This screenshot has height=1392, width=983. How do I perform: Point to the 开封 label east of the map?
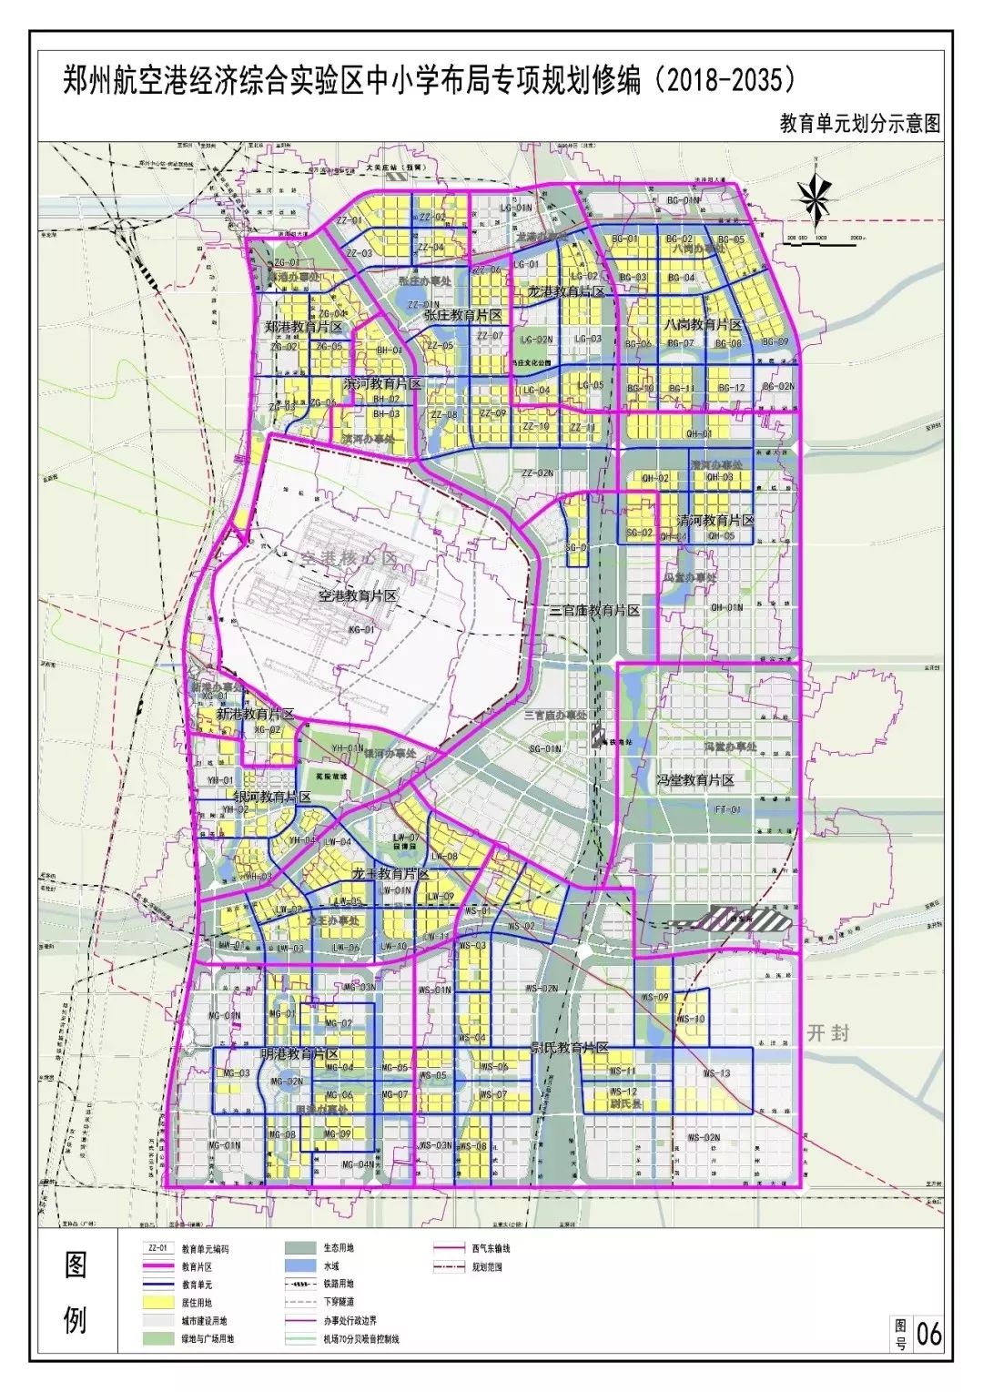click(827, 1032)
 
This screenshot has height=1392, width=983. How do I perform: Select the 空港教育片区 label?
click(358, 596)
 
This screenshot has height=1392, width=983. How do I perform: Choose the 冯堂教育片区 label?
click(695, 780)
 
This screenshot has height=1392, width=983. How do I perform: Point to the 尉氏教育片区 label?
click(570, 1047)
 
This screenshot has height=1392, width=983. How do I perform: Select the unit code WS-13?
click(716, 1073)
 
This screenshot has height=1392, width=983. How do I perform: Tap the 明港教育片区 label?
click(299, 1053)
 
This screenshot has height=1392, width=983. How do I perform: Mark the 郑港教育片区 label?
click(303, 326)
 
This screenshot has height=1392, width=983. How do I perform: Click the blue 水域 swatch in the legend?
click(301, 1265)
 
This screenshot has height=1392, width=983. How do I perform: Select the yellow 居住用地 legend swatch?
click(157, 1303)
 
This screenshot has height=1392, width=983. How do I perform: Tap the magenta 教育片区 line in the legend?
click(157, 1266)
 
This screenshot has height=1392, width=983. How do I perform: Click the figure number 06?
click(928, 1335)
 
